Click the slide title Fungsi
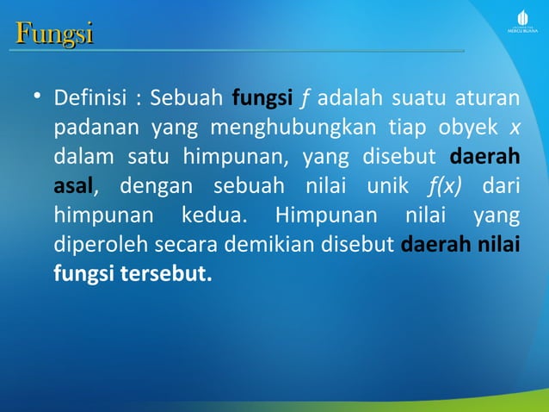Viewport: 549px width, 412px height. [x=54, y=34]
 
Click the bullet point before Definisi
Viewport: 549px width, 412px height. [x=37, y=98]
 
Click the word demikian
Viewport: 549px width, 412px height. [x=260, y=245]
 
